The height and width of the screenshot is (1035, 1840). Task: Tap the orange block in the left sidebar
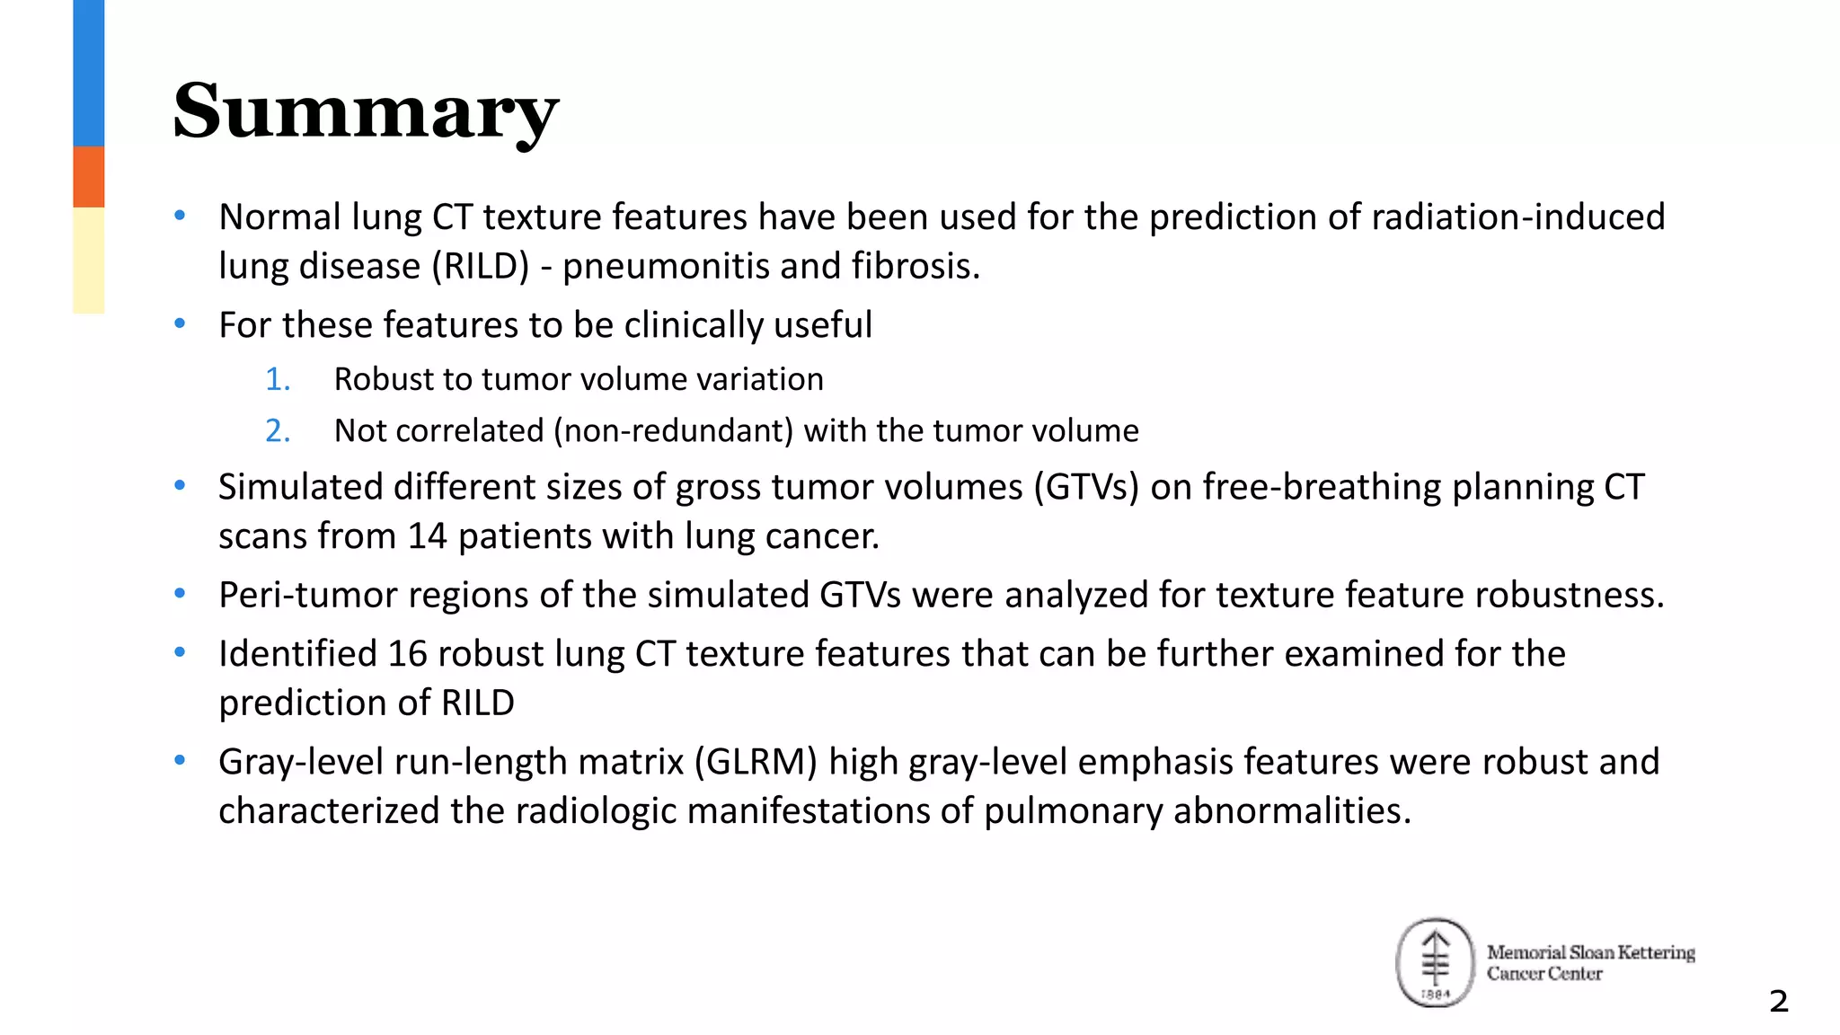click(x=88, y=177)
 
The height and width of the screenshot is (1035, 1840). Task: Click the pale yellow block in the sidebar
click(x=88, y=261)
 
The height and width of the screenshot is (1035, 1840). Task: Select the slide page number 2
click(x=1778, y=1001)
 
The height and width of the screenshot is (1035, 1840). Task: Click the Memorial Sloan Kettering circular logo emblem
click(x=1435, y=963)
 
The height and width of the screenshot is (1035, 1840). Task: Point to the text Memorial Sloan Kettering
click(x=1590, y=952)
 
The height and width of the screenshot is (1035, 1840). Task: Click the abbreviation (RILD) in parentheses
click(x=480, y=267)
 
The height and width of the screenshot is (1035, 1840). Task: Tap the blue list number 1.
click(x=277, y=380)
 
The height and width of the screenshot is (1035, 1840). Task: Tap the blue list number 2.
click(x=277, y=431)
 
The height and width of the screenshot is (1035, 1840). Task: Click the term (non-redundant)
click(x=674, y=431)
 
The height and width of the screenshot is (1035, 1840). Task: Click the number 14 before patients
click(x=427, y=537)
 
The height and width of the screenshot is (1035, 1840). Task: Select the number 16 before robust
click(x=408, y=654)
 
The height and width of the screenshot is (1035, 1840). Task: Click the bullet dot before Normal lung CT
click(x=180, y=216)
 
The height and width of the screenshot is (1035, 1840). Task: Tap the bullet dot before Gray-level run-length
click(x=180, y=761)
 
